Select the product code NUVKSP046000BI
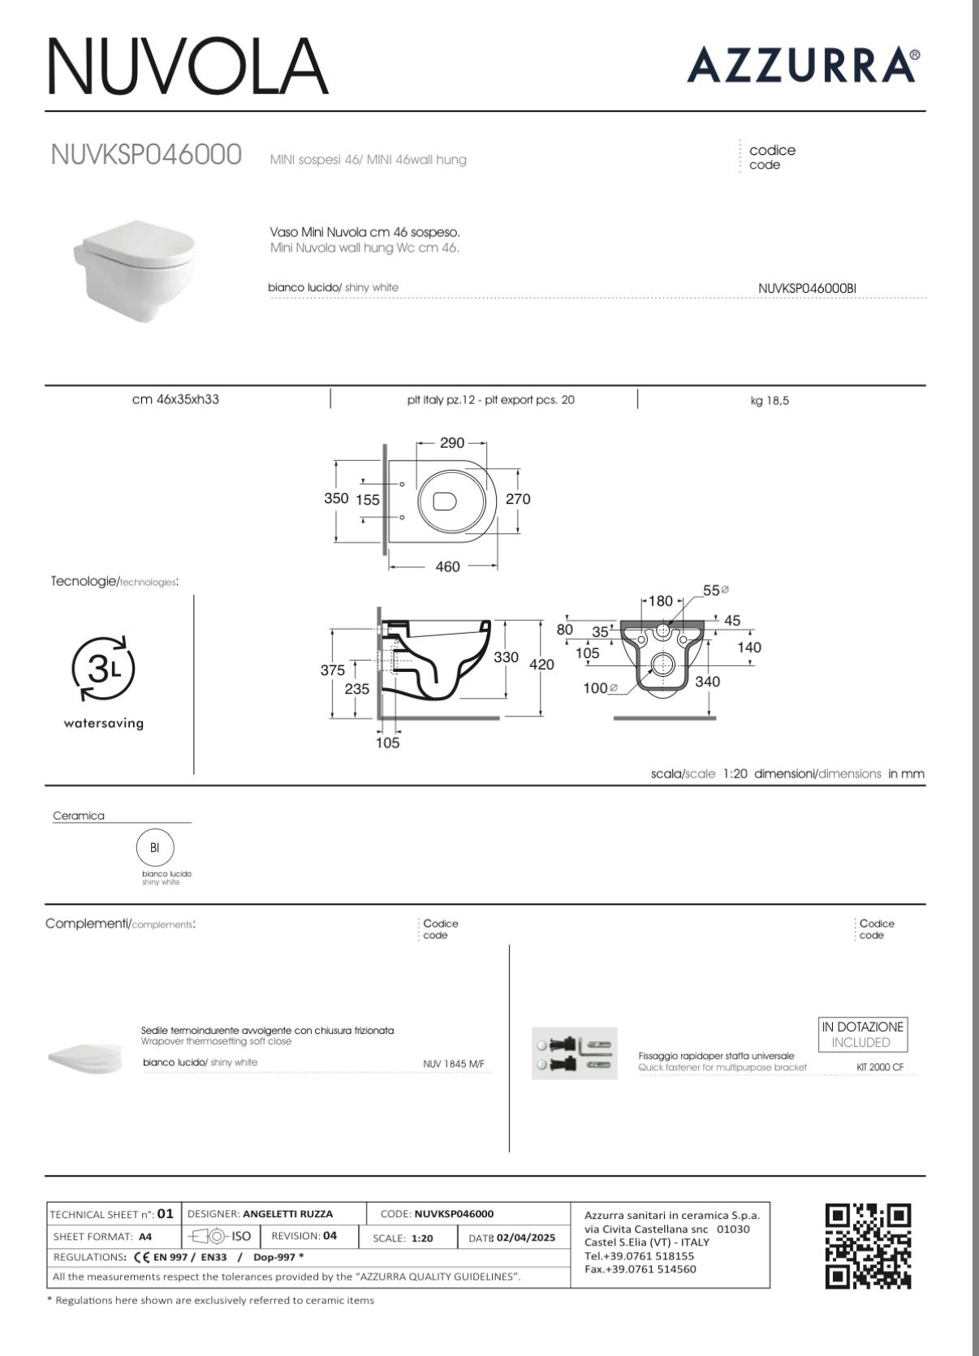pyautogui.click(x=807, y=288)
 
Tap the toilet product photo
pyautogui.click(x=135, y=269)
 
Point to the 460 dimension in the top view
pyautogui.click(x=448, y=567)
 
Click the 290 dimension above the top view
pyautogui.click(x=452, y=443)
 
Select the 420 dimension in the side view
pyautogui.click(x=541, y=665)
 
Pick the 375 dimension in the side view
pyautogui.click(x=332, y=670)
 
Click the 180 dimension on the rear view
pyautogui.click(x=662, y=601)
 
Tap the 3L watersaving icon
pyautogui.click(x=104, y=669)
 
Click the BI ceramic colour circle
pyautogui.click(x=154, y=848)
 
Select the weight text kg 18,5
pyautogui.click(x=770, y=401)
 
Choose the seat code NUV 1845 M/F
pyautogui.click(x=454, y=1064)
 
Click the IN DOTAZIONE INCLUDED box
pyautogui.click(x=862, y=1035)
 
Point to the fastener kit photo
pyautogui.click(x=575, y=1053)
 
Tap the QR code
pyautogui.click(x=868, y=1246)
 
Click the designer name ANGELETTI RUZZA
pyautogui.click(x=287, y=1214)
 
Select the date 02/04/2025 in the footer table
pyautogui.click(x=525, y=1238)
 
